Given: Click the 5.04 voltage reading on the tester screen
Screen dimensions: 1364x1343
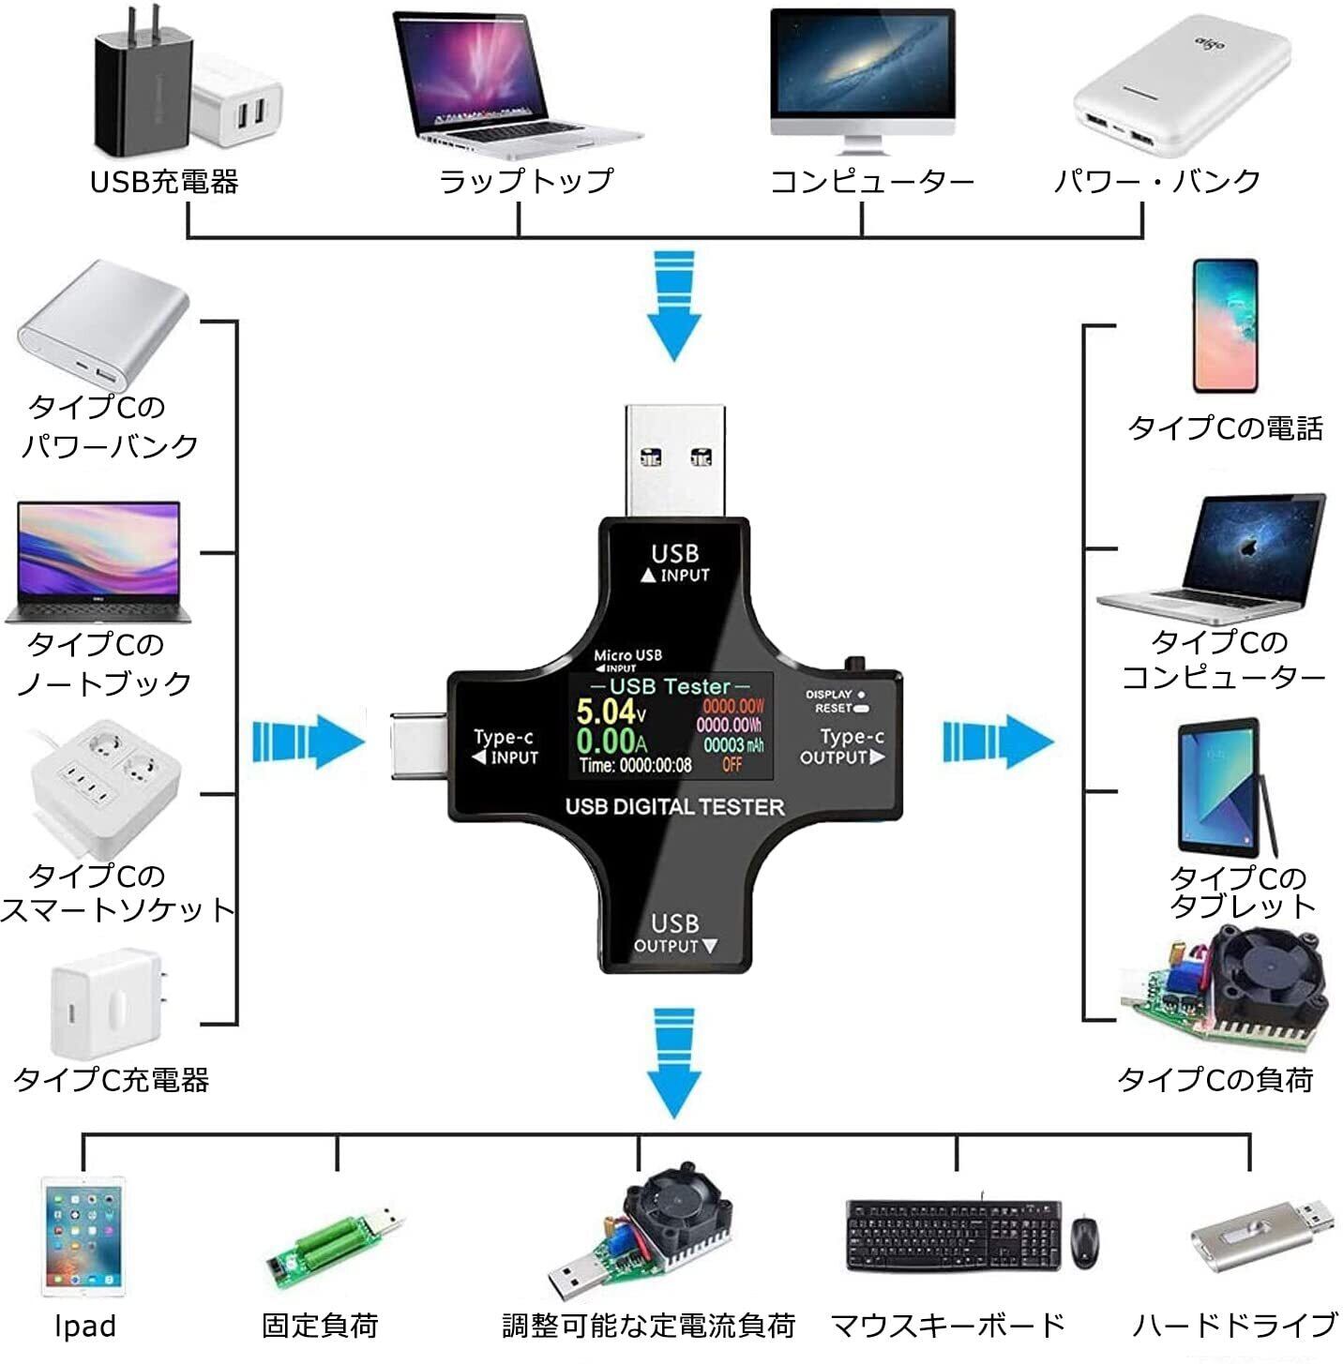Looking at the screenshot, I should [606, 711].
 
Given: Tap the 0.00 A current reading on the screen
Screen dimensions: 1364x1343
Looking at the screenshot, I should [606, 741].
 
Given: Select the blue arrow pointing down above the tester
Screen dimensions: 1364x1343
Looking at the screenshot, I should [673, 305].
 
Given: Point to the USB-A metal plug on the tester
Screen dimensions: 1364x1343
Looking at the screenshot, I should [675, 459].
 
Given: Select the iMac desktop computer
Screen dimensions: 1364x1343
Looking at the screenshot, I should [862, 80].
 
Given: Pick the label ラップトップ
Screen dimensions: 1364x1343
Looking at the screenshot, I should [525, 181].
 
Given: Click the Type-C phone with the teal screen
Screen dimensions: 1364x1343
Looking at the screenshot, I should [1224, 325].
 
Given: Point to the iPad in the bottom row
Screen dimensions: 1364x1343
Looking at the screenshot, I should [83, 1236].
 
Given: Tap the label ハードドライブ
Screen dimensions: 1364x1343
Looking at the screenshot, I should [1234, 1325].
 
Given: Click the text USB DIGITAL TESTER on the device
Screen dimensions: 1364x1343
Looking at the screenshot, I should [674, 807].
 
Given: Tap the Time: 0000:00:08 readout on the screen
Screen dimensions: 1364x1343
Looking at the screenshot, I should [635, 766].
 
